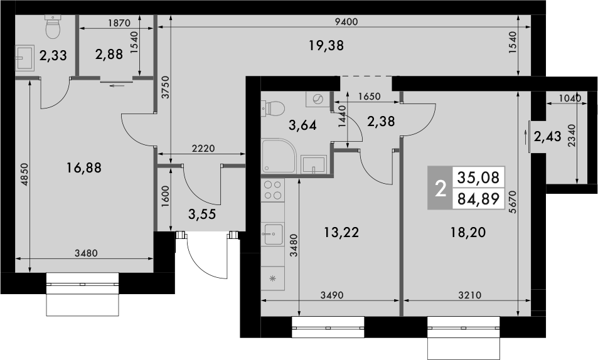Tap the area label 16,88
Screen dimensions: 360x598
click(x=83, y=167)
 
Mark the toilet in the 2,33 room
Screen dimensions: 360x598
click(x=53, y=27)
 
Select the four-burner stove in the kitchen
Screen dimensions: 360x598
click(x=272, y=191)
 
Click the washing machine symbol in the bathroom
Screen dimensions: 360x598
click(x=318, y=100)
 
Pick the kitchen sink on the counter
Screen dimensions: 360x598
click(x=272, y=234)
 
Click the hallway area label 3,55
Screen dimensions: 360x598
click(x=202, y=213)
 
